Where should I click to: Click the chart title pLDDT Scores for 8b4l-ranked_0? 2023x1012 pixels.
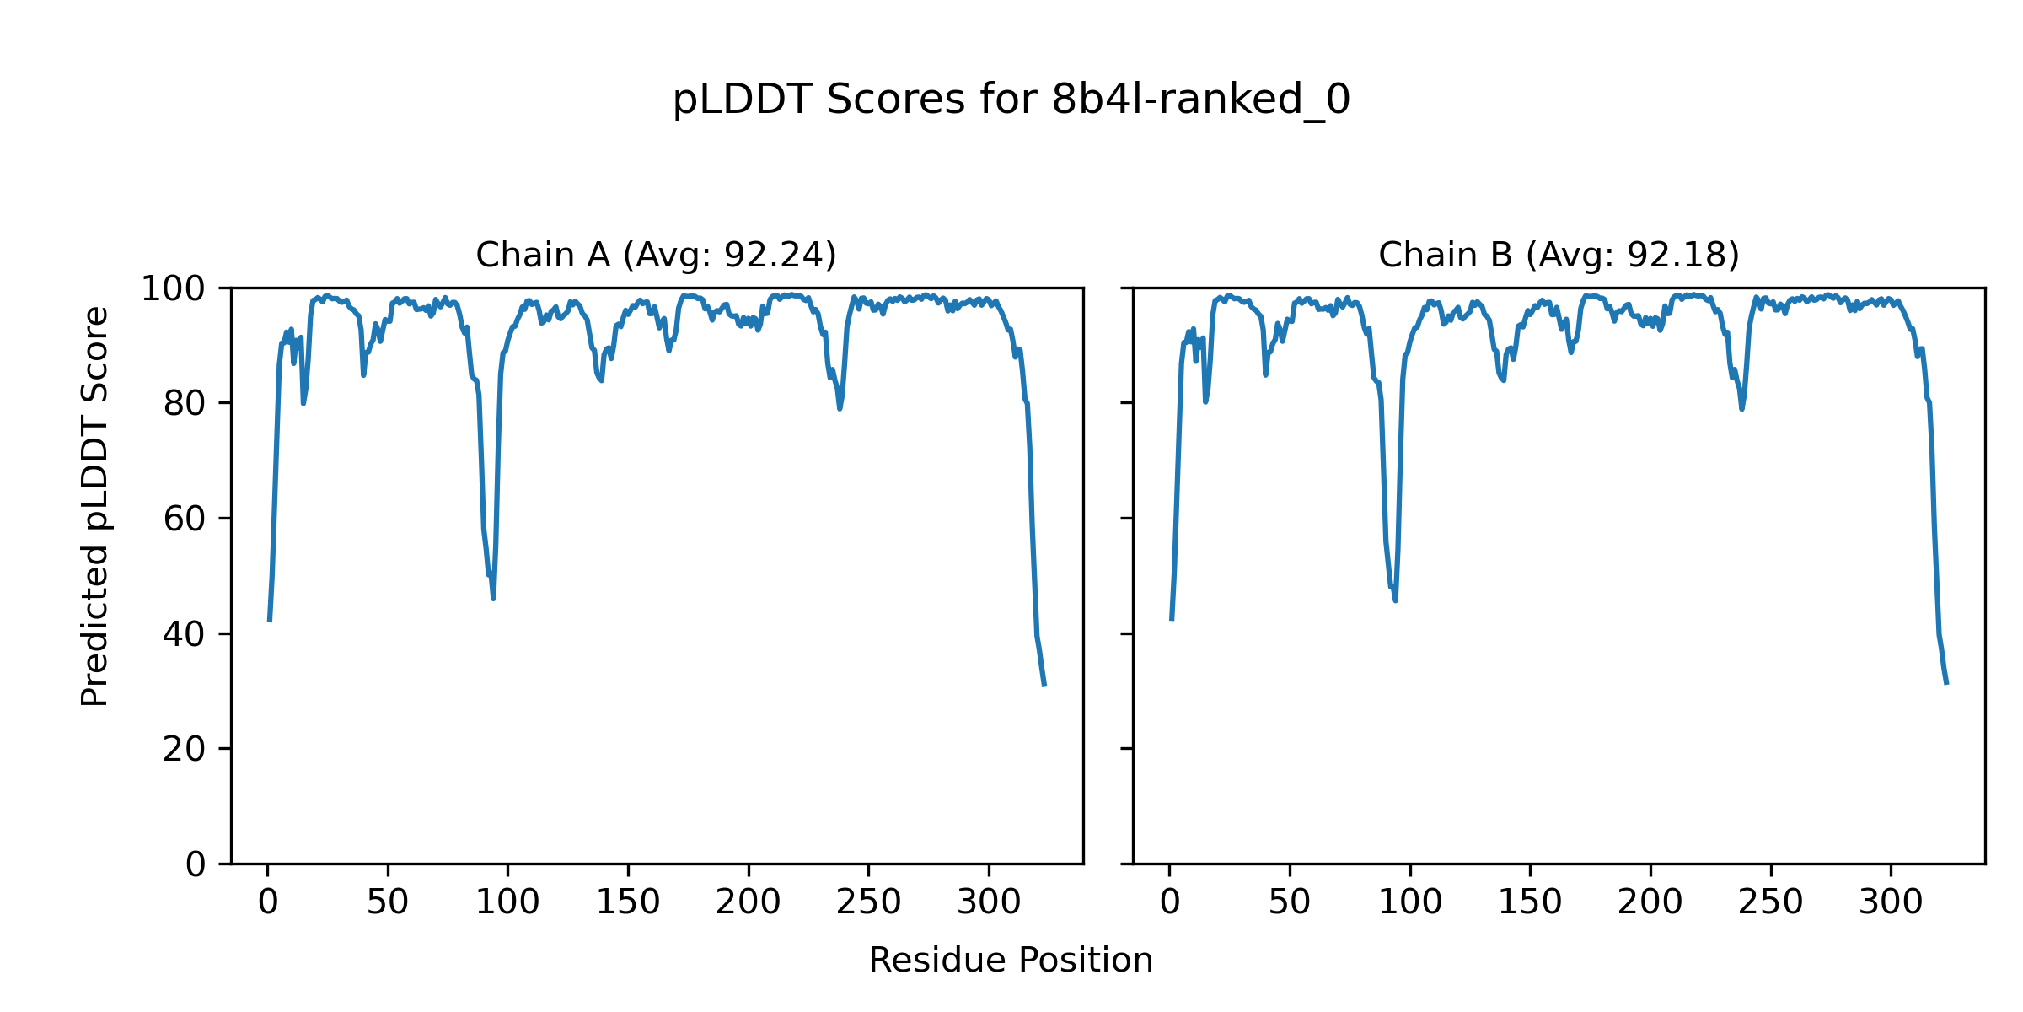1011,100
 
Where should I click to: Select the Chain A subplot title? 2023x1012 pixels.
656,255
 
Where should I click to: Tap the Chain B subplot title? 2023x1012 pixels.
1559,255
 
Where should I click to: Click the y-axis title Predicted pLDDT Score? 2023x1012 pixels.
95,506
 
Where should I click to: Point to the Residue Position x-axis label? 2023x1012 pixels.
1011,961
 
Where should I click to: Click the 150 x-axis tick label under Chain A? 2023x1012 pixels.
628,903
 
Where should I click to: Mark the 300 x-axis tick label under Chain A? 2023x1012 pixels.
989,903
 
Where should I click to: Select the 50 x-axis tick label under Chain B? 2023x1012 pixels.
1290,903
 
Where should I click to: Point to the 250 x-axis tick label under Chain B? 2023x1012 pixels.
1770,903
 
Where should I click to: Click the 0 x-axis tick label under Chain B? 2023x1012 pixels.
1170,903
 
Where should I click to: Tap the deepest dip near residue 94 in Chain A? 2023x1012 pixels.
493,598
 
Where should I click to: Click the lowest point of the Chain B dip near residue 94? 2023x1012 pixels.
1395,600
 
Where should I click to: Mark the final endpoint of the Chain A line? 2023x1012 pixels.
1044,686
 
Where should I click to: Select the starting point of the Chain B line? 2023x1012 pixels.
1172,620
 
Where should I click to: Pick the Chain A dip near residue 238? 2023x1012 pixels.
840,408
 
